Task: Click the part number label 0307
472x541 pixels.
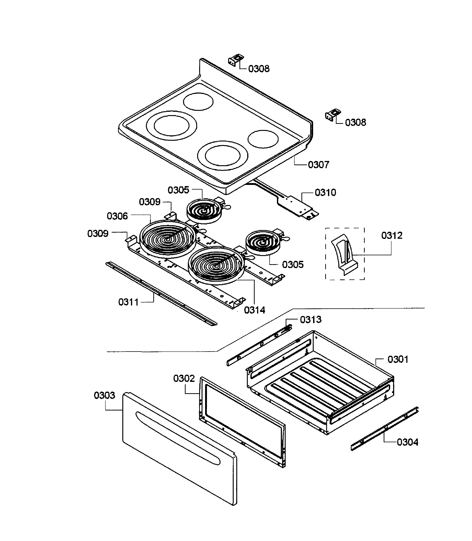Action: [x=319, y=165]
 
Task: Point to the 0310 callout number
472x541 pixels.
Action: [x=325, y=193]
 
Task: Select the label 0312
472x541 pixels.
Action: [x=392, y=235]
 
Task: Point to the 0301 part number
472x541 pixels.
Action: [x=398, y=360]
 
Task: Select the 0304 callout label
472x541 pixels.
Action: [x=407, y=442]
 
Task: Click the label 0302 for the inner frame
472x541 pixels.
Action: [x=184, y=379]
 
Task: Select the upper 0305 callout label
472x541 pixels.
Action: [x=178, y=190]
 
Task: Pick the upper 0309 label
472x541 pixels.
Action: [x=149, y=202]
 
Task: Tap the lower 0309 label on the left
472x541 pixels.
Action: [x=98, y=234]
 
